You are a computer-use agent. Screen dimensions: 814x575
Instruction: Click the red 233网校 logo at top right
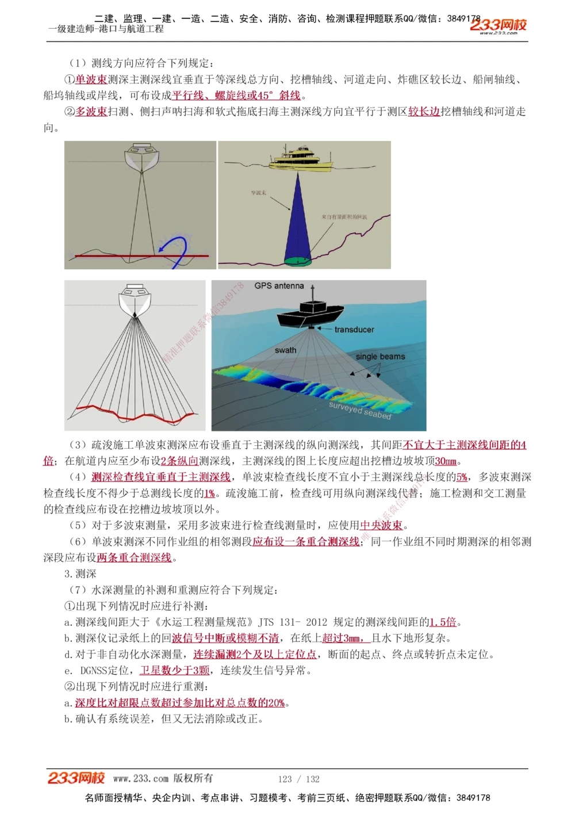[x=498, y=25]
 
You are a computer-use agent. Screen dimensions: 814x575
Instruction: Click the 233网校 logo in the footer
[x=76, y=778]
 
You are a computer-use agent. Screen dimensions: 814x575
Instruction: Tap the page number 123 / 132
[x=298, y=779]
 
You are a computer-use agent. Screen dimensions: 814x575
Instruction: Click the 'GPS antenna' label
[x=279, y=285]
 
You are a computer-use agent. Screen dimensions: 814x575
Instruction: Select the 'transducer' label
[x=354, y=330]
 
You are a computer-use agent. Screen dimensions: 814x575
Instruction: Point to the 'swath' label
[x=285, y=350]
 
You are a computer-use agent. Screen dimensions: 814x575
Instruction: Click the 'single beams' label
[x=380, y=357]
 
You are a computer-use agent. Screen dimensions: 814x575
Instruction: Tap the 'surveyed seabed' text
[x=359, y=410]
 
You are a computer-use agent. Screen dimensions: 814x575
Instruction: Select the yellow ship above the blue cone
[x=301, y=159]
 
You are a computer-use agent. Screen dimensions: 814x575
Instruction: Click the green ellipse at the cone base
[x=298, y=261]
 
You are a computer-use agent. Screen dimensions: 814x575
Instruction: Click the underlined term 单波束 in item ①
[x=91, y=79]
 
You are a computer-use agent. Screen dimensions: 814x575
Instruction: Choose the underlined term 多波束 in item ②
[x=91, y=112]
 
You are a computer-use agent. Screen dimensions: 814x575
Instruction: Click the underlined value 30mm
[x=446, y=461]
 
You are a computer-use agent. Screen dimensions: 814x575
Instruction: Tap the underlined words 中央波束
[x=381, y=525]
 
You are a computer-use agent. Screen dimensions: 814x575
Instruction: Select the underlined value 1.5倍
[x=443, y=622]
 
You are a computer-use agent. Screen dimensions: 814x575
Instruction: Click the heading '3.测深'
[x=80, y=574]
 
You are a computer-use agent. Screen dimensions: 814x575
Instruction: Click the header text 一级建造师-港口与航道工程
[x=106, y=29]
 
